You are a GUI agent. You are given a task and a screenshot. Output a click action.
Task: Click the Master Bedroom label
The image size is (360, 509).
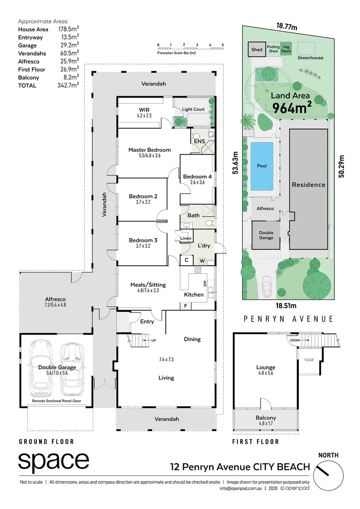pyautogui.click(x=149, y=150)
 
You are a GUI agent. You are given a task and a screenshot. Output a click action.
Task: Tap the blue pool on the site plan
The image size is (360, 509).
pyautogui.click(x=262, y=166)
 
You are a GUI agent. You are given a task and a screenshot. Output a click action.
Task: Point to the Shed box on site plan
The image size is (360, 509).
pyautogui.click(x=256, y=49)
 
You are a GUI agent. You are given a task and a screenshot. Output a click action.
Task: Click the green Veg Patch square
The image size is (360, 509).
pyautogui.click(x=286, y=49)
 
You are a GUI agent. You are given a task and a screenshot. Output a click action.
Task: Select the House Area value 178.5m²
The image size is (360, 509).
pyautogui.click(x=67, y=29)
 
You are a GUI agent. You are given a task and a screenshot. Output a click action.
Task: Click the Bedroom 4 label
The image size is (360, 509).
pyautogui.click(x=197, y=177)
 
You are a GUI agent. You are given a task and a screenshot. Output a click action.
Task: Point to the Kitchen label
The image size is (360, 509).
pyautogui.click(x=194, y=295)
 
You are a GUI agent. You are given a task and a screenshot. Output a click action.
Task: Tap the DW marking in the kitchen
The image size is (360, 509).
pyautogui.click(x=205, y=283)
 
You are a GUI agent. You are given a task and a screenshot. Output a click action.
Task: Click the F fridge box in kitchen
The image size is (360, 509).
pyautogui.click(x=186, y=306)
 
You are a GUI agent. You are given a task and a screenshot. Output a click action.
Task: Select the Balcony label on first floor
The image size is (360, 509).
pyautogui.click(x=266, y=418)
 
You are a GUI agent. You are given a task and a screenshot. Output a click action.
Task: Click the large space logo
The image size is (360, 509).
pyautogui.click(x=54, y=461)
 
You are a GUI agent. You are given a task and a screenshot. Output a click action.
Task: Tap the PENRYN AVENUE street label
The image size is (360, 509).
pyautogui.click(x=288, y=319)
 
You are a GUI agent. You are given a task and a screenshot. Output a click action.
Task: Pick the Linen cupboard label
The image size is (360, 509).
pyautogui.click(x=186, y=238)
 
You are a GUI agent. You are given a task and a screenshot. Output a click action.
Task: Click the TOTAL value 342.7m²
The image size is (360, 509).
pyautogui.click(x=67, y=85)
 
